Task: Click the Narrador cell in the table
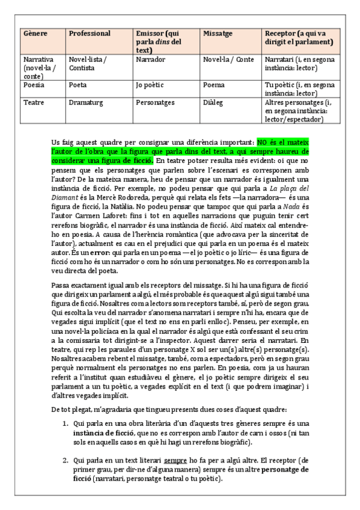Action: tap(150, 60)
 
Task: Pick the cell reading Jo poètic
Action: tap(150, 85)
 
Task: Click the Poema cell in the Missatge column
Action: tap(215, 85)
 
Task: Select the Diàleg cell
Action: tap(215, 103)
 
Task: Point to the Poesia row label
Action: tap(34, 85)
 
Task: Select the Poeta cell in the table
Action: tap(79, 85)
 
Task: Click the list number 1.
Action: tap(66, 423)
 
